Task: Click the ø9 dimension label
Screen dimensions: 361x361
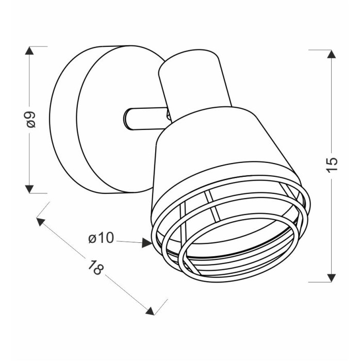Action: [x=30, y=119]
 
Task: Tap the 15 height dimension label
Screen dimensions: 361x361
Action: [x=331, y=165]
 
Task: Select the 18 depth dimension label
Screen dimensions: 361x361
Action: [x=95, y=267]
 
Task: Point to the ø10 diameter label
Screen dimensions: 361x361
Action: [x=101, y=238]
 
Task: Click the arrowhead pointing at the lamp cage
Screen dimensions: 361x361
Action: [x=146, y=243]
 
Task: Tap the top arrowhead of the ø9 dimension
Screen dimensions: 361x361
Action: [x=29, y=51]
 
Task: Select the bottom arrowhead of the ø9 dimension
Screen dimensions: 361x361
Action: [x=29, y=189]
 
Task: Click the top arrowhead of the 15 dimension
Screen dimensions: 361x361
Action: [x=331, y=54]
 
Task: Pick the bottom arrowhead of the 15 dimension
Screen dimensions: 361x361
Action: [x=331, y=278]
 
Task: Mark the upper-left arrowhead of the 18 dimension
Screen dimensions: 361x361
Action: [x=40, y=221]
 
